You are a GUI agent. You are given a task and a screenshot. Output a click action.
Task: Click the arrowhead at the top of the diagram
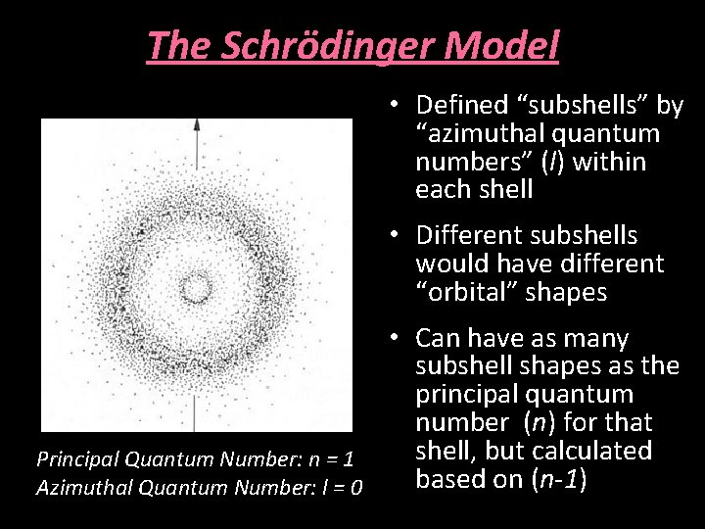coord(197,125)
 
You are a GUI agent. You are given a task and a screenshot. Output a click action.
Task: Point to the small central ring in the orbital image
coord(197,287)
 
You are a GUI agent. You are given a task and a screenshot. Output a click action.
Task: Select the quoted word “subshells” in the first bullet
coord(597,105)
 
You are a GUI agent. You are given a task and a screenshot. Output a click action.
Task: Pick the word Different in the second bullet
coord(470,236)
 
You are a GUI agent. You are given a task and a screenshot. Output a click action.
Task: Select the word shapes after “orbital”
coord(569,293)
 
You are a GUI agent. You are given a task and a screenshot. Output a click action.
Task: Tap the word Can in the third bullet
coord(437,339)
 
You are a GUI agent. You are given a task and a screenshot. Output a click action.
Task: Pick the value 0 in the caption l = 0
coord(356,487)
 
